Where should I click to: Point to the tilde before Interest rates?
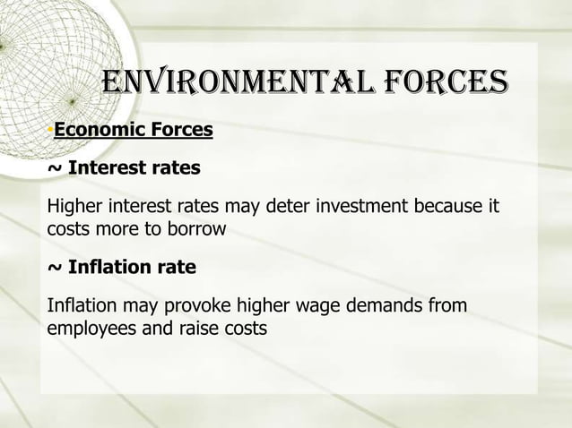[54, 168]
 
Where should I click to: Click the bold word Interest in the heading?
[107, 168]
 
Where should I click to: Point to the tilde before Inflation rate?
[54, 268]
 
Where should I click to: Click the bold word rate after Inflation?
[176, 268]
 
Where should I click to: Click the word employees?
[89, 328]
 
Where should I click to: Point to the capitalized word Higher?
[73, 209]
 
